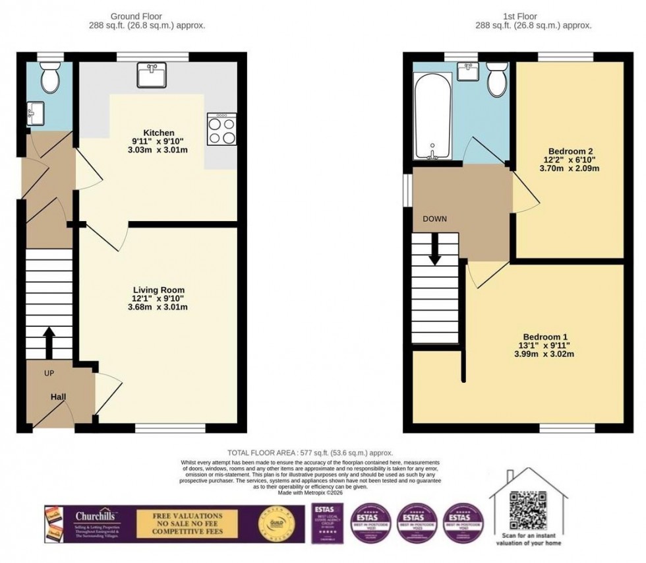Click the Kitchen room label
[161, 133]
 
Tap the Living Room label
[158, 290]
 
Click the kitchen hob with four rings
[222, 129]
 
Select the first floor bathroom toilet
[495, 80]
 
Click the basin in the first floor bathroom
[469, 71]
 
